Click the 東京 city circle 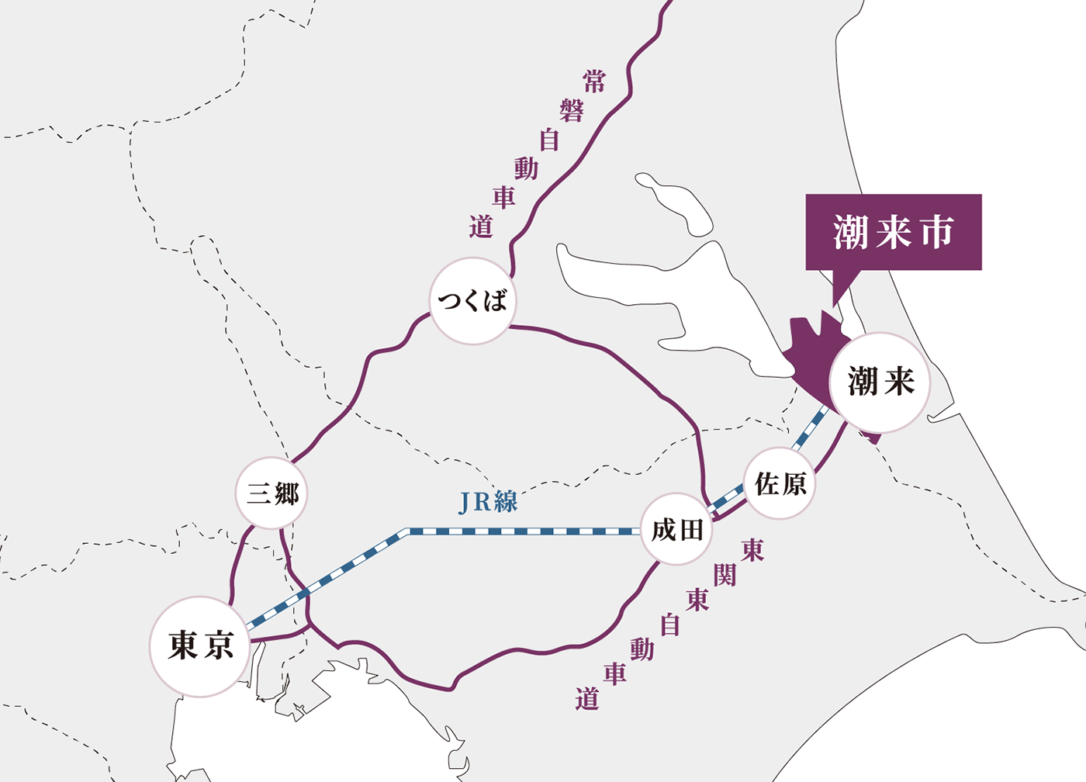click(x=199, y=646)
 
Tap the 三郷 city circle click(x=271, y=493)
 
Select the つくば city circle click(x=472, y=301)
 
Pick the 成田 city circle click(x=677, y=530)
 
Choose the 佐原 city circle click(x=780, y=484)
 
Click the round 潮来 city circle click(x=880, y=382)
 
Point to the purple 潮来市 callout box click(x=894, y=232)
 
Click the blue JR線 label click(x=488, y=503)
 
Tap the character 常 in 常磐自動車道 click(x=594, y=81)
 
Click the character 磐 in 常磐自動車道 click(x=572, y=111)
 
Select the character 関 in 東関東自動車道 click(x=725, y=575)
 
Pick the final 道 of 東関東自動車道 click(x=587, y=699)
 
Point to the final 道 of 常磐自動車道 click(x=481, y=227)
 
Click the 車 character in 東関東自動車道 click(x=615, y=673)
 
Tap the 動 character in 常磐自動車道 click(x=526, y=168)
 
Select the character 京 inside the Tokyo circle click(x=220, y=645)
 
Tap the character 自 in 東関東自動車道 click(x=670, y=625)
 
